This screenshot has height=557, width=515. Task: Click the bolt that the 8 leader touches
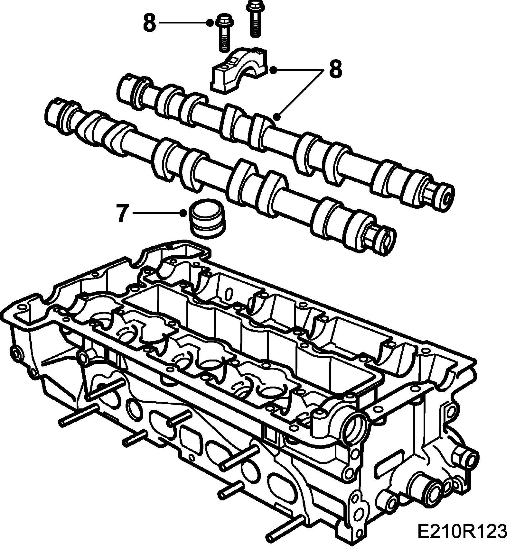[225, 34]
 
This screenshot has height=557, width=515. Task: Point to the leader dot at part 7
[183, 213]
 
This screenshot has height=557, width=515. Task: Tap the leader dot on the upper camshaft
[277, 116]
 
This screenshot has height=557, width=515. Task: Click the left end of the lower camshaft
[55, 111]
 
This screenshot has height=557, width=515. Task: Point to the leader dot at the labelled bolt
[210, 23]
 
